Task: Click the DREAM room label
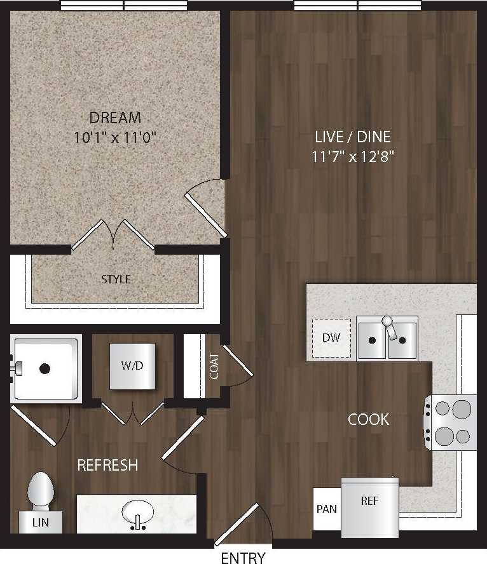(x=115, y=117)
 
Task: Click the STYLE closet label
(x=116, y=279)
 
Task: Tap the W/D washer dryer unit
(x=132, y=366)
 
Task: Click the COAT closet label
(x=214, y=366)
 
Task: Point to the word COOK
(x=368, y=419)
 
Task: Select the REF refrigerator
(x=370, y=505)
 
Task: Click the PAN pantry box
(x=327, y=509)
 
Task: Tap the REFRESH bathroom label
(x=107, y=465)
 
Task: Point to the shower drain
(x=45, y=368)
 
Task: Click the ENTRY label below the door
(x=242, y=558)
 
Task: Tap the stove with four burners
(x=451, y=422)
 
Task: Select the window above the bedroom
(x=123, y=6)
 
